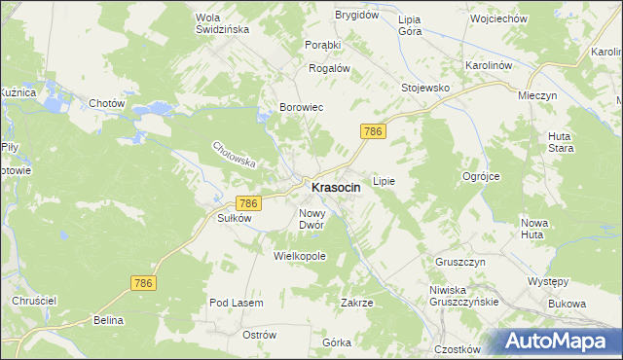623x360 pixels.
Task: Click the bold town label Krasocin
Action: point(336,187)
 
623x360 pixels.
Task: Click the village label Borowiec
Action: point(301,107)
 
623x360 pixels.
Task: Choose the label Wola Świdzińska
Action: point(222,23)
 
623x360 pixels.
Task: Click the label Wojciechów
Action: point(497,18)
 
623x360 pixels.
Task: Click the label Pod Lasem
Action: point(237,303)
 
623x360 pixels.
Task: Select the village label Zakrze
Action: point(356,303)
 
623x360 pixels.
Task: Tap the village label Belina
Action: point(109,319)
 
